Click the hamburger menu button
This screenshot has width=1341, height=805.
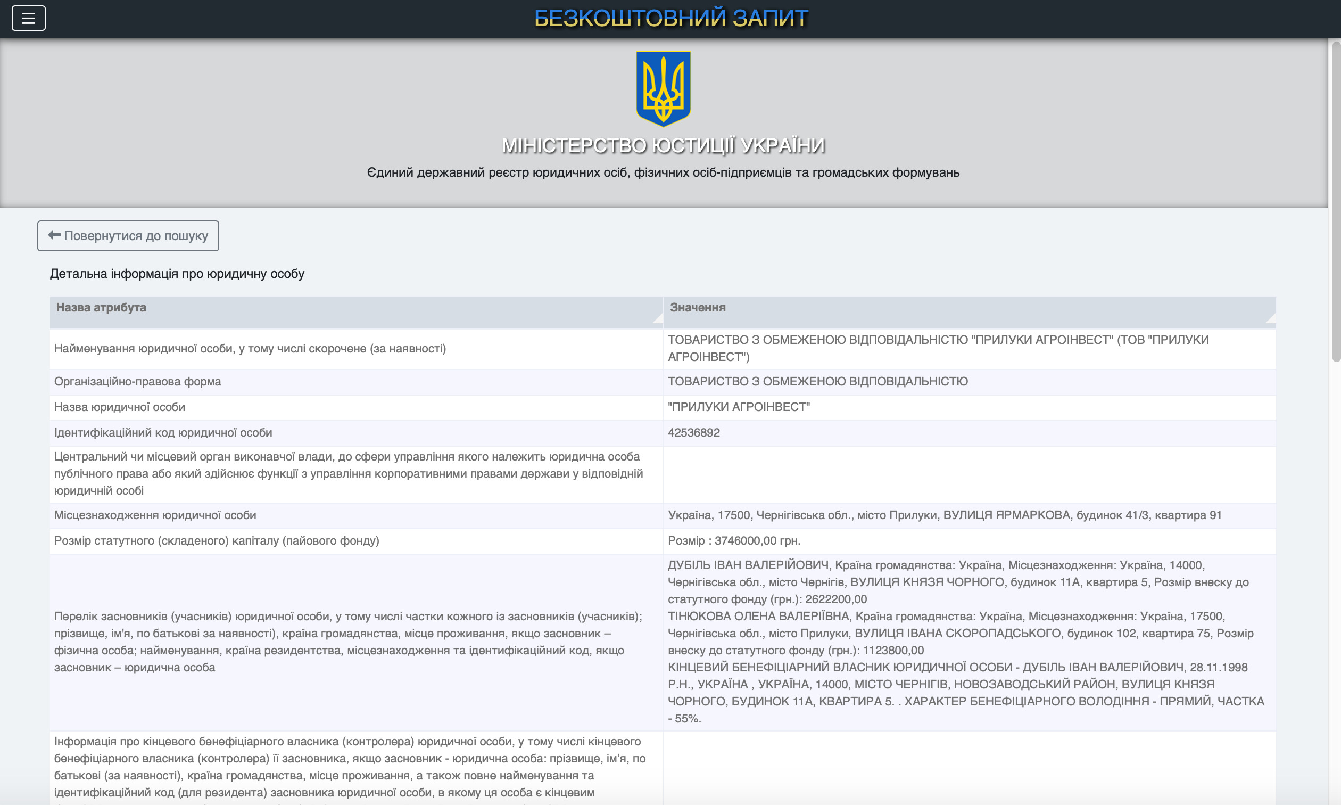coord(28,19)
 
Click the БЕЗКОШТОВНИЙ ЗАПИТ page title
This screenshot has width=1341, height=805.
coord(671,19)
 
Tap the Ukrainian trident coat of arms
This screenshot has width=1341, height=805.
coord(663,88)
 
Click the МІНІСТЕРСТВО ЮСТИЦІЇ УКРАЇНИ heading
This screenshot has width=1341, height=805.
coord(663,145)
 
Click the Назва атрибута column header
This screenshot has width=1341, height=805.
coord(101,308)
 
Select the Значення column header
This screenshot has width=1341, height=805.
coord(698,308)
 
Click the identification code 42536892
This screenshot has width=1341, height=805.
coord(694,433)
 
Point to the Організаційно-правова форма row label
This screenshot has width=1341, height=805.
coord(138,381)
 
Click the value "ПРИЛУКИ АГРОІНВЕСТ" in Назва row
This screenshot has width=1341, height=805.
coord(739,407)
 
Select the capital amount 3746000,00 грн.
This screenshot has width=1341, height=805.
coord(757,541)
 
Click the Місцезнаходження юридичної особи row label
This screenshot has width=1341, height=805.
coord(155,515)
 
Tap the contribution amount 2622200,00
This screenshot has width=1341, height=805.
coord(836,599)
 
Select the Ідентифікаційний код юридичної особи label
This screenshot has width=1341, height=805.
coord(163,433)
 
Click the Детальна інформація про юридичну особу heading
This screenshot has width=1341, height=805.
coord(177,274)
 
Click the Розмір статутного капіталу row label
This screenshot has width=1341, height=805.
coord(217,541)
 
